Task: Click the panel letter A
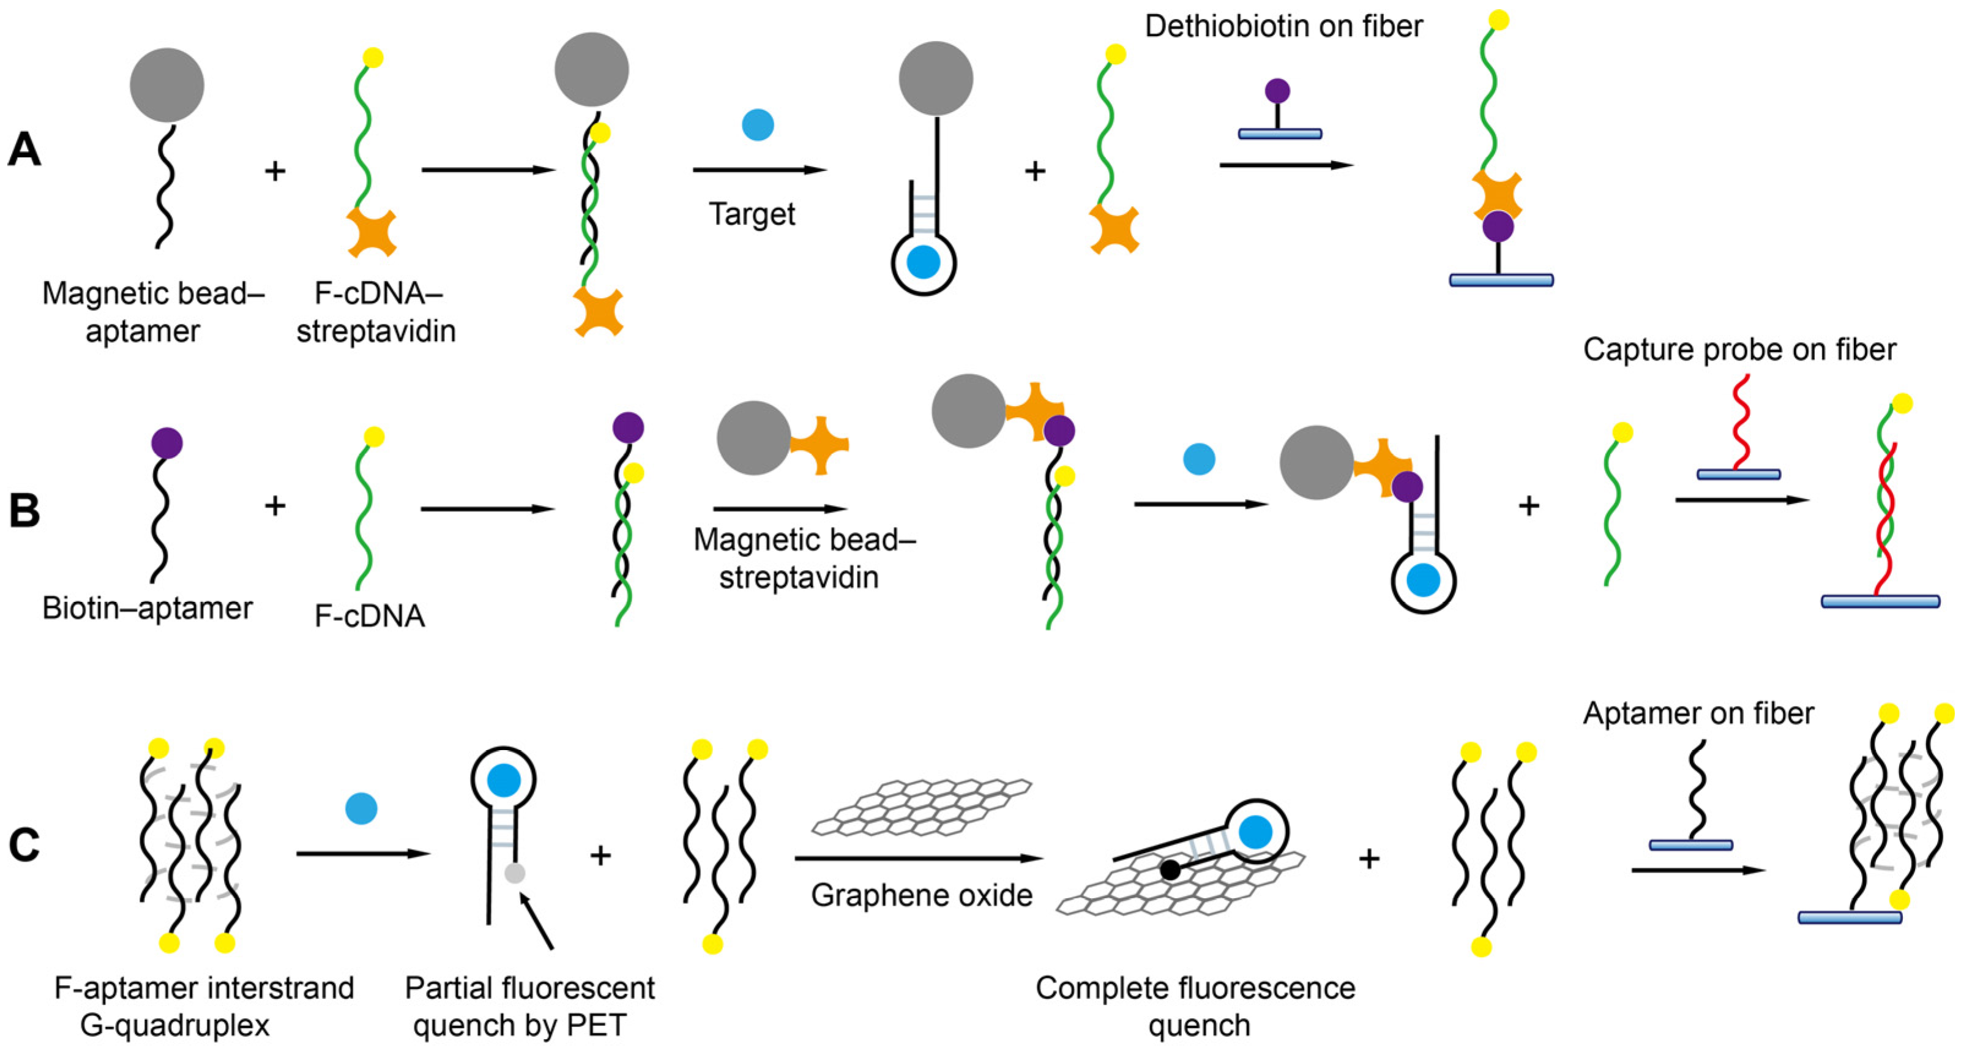24,149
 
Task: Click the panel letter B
24,510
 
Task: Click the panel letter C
24,846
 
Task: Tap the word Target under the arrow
752,214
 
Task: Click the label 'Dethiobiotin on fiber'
1283,27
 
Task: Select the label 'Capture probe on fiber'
1739,350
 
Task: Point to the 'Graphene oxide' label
921,895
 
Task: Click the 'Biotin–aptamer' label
147,608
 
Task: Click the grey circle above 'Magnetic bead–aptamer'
166,85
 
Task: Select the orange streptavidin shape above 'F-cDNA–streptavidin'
372,232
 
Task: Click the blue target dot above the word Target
758,125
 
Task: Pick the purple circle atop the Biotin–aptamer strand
166,443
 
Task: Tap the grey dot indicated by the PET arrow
515,873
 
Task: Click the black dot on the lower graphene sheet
1170,869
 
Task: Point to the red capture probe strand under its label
1740,423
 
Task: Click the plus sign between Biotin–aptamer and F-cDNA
275,505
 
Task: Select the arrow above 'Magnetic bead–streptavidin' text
780,509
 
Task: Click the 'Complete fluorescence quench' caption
1195,1006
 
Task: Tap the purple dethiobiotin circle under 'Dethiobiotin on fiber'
1277,91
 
